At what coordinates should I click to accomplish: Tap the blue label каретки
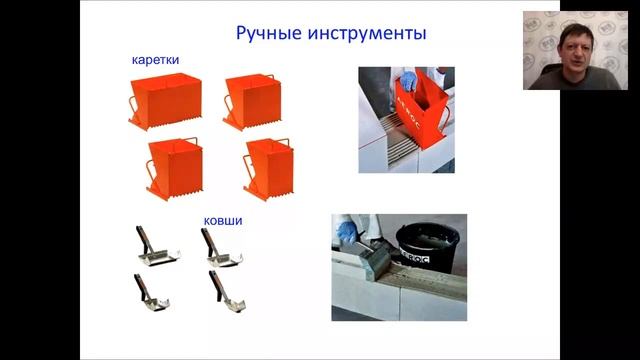click(155, 60)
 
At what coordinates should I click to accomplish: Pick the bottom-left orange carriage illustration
click(174, 165)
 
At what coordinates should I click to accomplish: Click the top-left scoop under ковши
click(155, 250)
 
